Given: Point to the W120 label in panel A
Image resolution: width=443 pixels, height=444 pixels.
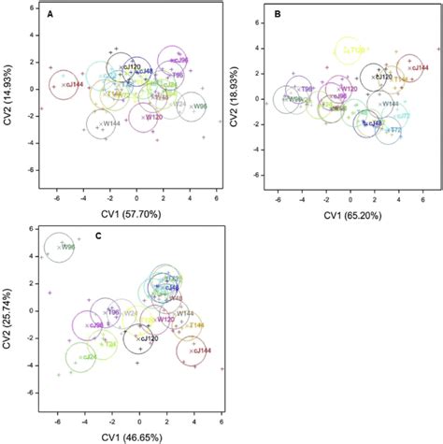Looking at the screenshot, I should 153,117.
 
